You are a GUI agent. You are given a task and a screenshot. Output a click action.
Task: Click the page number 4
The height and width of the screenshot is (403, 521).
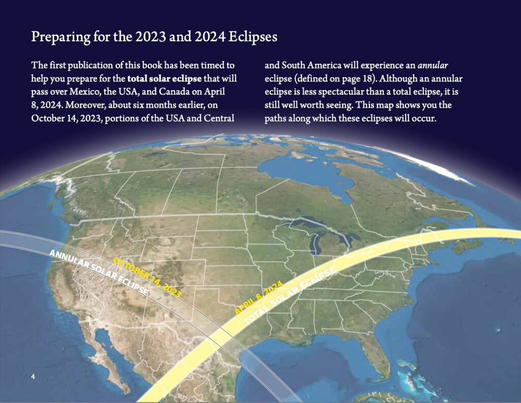(33, 377)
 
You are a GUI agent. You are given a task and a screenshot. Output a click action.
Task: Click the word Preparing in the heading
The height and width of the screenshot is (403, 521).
(61, 37)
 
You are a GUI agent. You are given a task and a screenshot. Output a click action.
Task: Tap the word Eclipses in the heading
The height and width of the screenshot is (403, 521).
(253, 37)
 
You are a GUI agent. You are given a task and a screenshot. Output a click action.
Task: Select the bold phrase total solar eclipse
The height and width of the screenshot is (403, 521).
(164, 79)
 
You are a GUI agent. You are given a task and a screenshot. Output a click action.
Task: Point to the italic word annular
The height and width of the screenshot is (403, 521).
(433, 65)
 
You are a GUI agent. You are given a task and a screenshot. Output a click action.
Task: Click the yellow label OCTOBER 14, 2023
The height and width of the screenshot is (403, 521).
(147, 277)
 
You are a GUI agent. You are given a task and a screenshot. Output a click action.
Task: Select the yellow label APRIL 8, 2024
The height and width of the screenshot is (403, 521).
(258, 298)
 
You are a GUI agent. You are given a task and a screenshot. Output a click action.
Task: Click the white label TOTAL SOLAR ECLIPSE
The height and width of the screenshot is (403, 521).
(290, 296)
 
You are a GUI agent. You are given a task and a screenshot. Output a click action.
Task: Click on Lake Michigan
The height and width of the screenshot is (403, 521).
(314, 244)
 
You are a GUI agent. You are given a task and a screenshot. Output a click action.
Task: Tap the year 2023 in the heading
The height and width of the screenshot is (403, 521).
(150, 37)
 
